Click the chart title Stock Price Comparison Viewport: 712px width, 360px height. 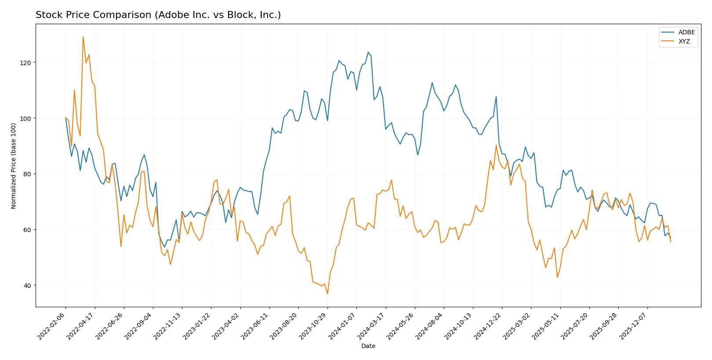[158, 15]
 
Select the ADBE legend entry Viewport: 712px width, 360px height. [686, 32]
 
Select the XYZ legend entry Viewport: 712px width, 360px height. [684, 41]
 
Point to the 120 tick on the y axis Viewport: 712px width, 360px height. [25, 63]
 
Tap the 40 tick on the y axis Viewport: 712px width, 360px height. [27, 285]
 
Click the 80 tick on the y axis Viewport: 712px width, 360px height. [27, 174]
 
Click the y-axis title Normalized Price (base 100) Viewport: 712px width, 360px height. [14, 166]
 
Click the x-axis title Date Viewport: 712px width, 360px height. [368, 346]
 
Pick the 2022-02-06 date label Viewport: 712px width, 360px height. [52, 326]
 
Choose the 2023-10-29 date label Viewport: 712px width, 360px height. [313, 326]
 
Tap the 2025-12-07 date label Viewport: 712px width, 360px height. [633, 326]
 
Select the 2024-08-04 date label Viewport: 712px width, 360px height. [430, 326]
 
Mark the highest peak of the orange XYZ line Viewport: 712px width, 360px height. [83, 36]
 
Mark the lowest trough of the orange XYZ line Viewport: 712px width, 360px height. [327, 294]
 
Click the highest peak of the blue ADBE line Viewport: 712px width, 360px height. [368, 52]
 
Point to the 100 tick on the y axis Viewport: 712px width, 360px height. [25, 119]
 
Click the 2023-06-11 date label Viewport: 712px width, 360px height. [255, 326]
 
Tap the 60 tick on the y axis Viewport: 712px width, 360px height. [27, 230]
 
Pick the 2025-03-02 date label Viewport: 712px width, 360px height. [517, 326]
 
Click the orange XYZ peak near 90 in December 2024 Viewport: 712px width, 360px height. [496, 145]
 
